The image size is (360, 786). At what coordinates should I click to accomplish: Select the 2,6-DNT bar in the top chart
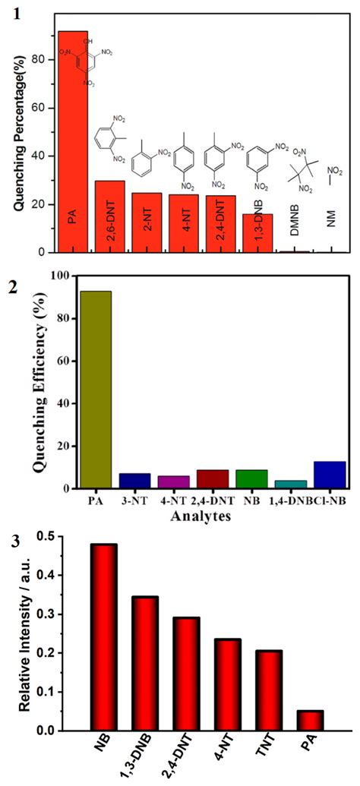(109, 216)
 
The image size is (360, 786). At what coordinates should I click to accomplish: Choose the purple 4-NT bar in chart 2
(174, 481)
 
